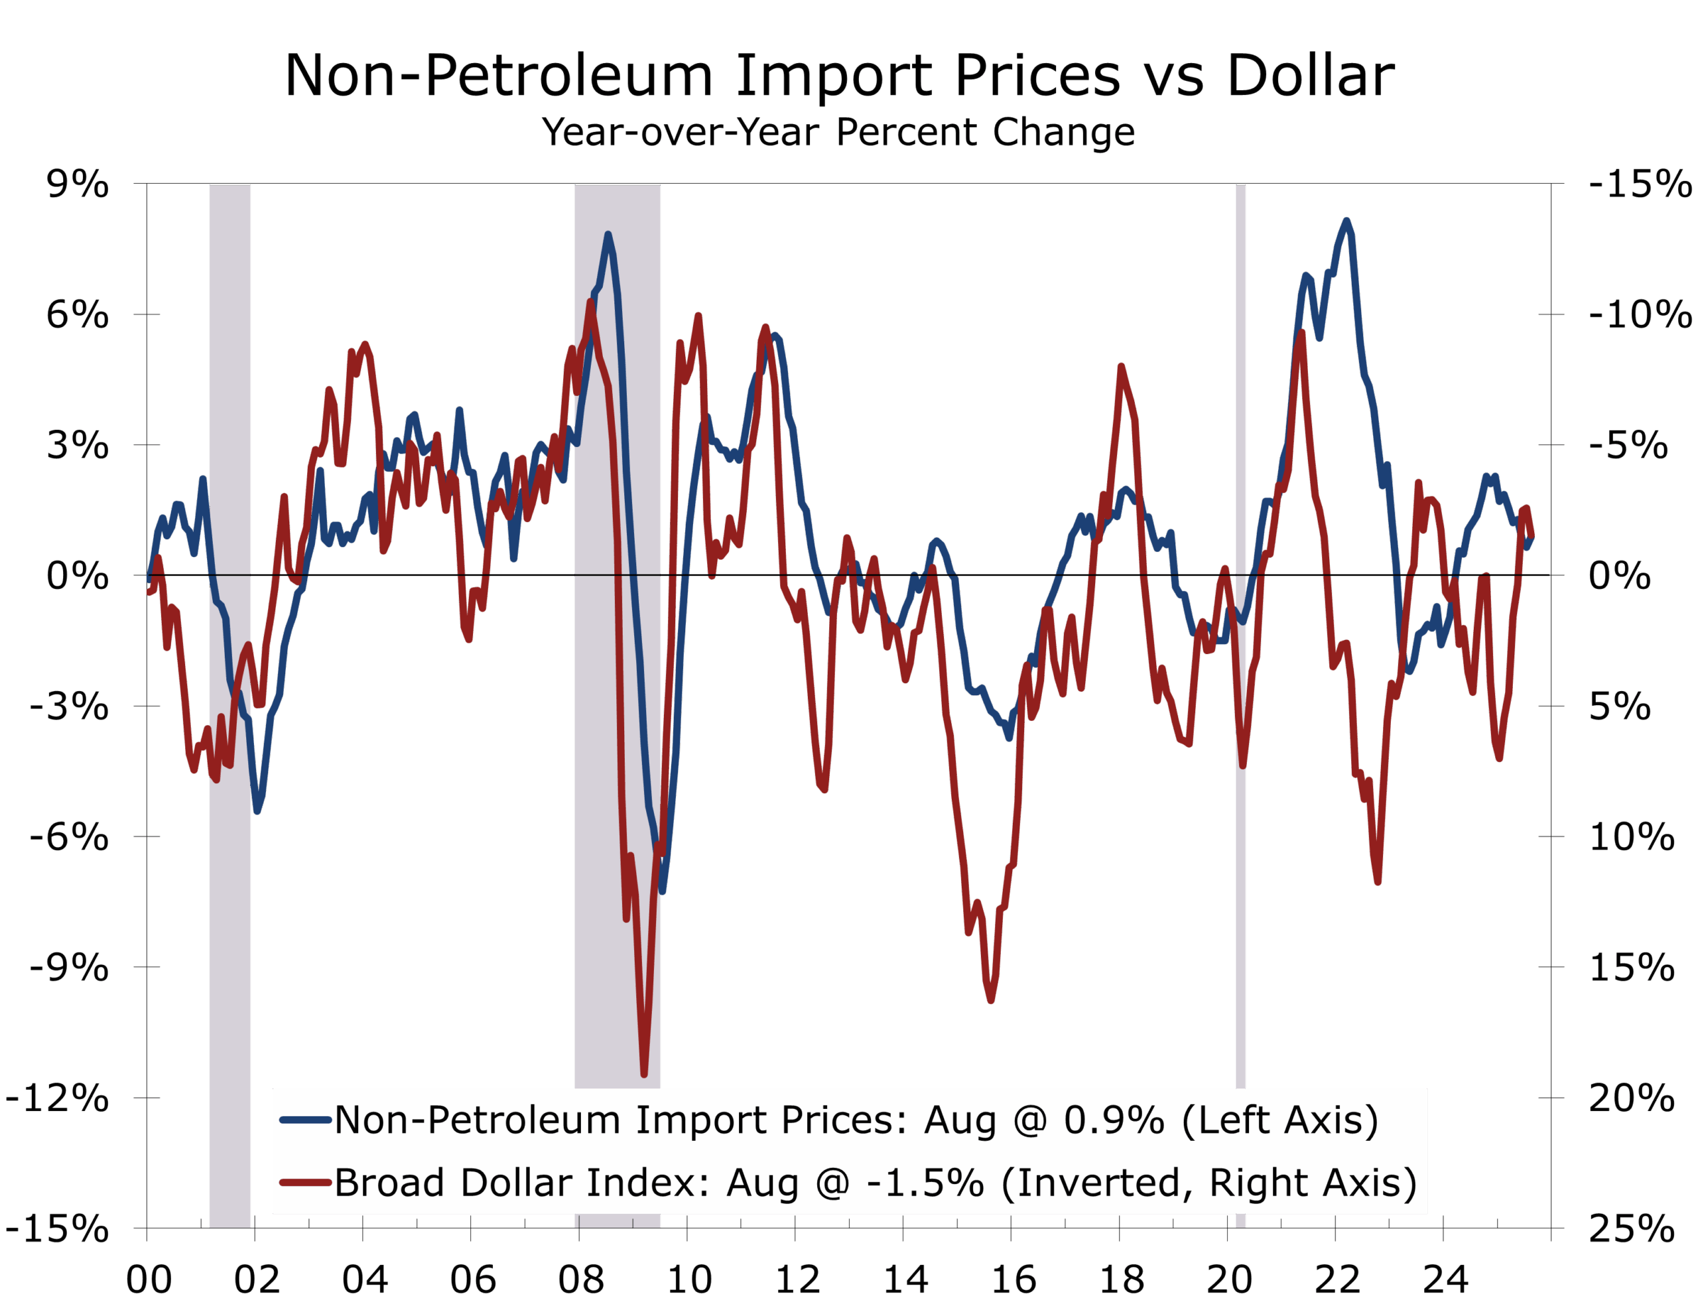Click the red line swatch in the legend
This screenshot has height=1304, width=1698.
tap(306, 1183)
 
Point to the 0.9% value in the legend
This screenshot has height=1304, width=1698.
tap(1114, 1120)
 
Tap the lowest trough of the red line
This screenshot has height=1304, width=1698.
tap(644, 1075)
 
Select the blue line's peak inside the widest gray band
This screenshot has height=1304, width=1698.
tap(608, 233)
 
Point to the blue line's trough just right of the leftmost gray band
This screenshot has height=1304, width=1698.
tap(257, 811)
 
